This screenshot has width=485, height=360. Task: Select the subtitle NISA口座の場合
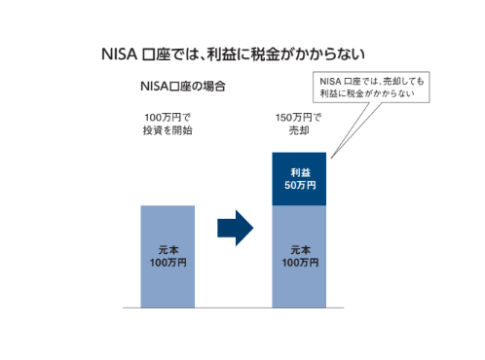[184, 87]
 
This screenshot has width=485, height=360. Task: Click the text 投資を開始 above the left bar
[168, 131]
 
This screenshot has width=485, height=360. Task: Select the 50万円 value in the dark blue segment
[298, 186]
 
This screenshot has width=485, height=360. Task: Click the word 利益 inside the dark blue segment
[298, 171]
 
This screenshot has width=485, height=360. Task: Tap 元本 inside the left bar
[168, 249]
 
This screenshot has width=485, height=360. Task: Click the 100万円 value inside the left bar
[168, 263]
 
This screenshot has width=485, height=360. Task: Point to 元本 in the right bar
[298, 249]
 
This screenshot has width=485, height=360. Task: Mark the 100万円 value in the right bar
[298, 263]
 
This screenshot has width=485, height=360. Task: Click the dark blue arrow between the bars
[234, 229]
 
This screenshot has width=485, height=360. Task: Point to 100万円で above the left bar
[168, 119]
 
